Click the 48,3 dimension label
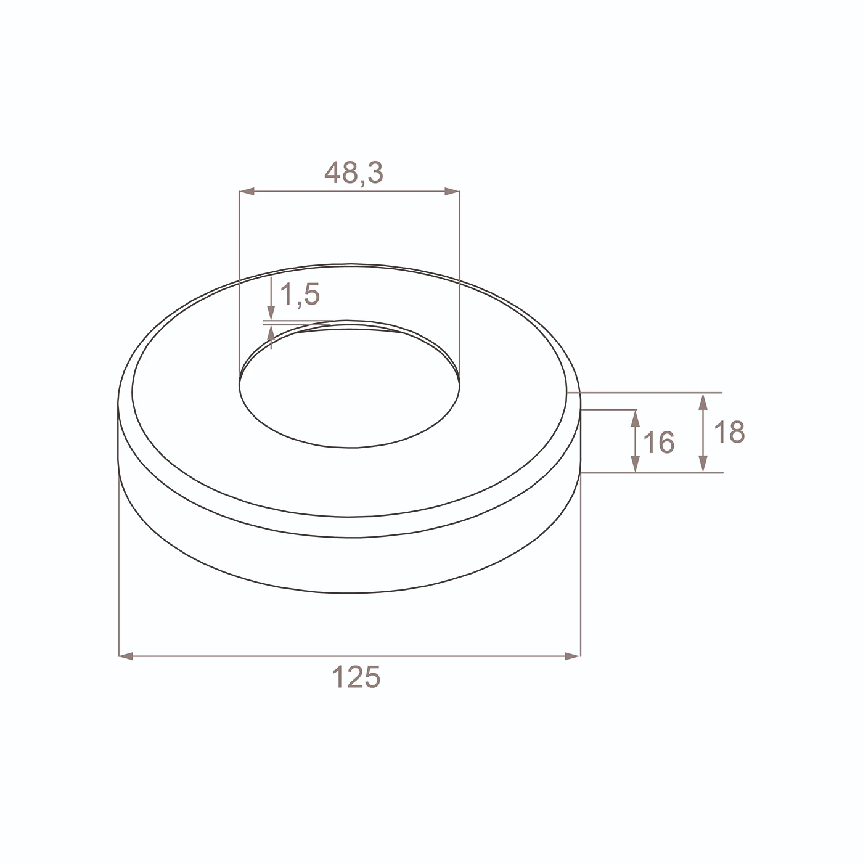tap(354, 173)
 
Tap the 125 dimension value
tap(356, 677)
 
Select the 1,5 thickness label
tap(300, 295)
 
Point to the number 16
tap(658, 442)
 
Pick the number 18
tap(729, 432)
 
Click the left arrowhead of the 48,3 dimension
tap(247, 192)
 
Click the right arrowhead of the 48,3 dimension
tap(452, 192)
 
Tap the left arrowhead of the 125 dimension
tap(127, 656)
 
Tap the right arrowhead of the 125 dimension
tap(572, 656)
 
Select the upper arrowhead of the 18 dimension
tap(703, 401)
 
